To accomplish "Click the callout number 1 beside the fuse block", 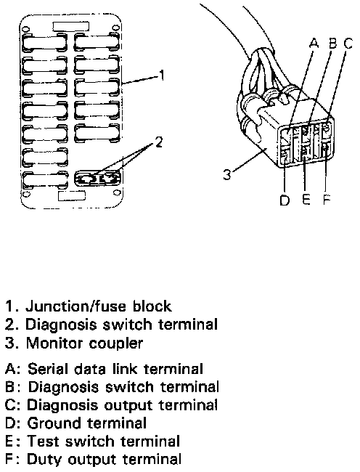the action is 162,76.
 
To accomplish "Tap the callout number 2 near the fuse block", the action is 158,142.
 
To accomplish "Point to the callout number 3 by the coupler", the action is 227,174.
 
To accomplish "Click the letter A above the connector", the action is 314,44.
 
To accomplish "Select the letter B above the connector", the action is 333,44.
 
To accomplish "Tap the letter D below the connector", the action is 285,200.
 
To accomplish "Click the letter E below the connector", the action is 306,200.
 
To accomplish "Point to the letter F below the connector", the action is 327,200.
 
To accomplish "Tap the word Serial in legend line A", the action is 47,369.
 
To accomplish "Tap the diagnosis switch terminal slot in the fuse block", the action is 97,178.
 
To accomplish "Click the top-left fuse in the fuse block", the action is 44,41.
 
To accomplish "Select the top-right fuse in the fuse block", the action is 97,41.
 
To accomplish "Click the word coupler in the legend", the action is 120,343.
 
